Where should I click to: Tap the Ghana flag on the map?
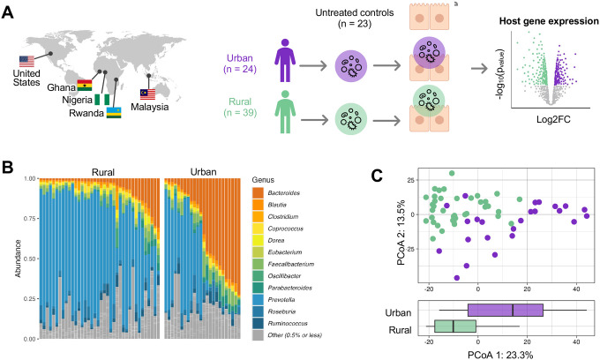[x=85, y=85]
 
